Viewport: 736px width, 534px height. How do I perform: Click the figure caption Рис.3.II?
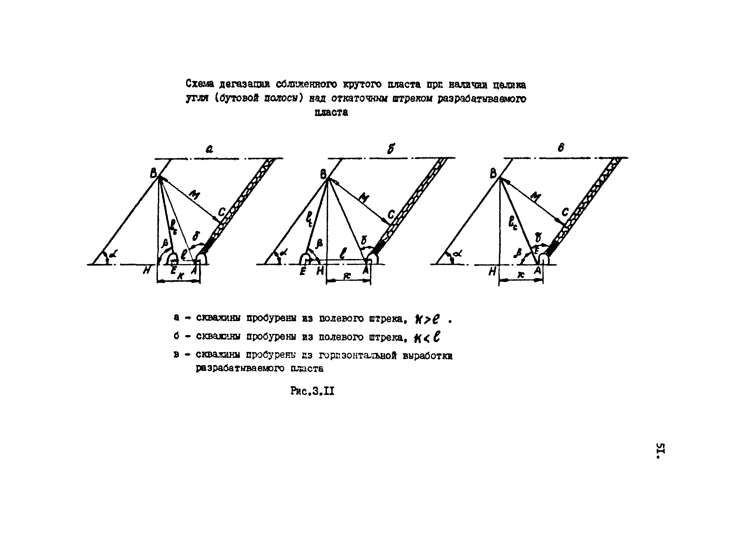[x=312, y=391]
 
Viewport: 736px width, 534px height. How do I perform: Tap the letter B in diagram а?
[x=154, y=174]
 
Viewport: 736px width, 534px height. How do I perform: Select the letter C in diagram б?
[x=391, y=214]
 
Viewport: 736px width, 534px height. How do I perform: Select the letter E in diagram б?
[x=303, y=271]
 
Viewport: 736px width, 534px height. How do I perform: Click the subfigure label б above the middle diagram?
[x=391, y=149]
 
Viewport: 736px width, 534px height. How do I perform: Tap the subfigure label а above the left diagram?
[x=209, y=149]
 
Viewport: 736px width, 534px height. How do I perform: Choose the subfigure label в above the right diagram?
[x=561, y=148]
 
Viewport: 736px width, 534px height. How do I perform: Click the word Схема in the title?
[x=199, y=84]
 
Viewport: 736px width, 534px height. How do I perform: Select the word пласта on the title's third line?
[x=331, y=112]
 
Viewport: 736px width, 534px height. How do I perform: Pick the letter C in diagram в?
[x=565, y=212]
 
